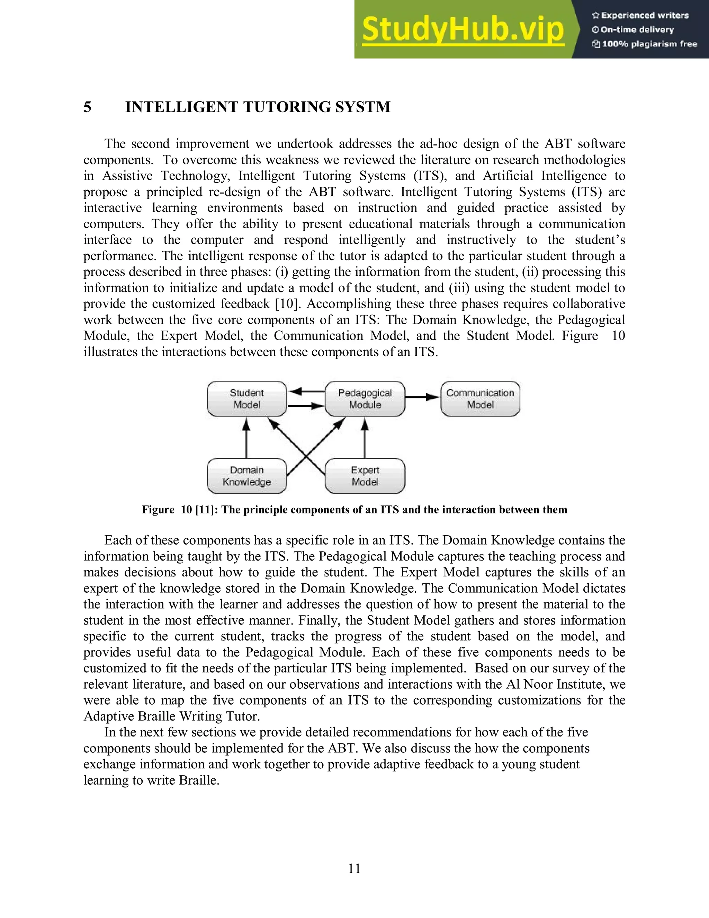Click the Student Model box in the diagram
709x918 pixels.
point(246,398)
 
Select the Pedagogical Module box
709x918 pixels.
point(365,398)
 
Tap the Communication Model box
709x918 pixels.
point(480,398)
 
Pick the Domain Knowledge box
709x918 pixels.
point(246,476)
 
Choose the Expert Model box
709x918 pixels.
point(365,476)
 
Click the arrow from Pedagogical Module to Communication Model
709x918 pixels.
point(422,397)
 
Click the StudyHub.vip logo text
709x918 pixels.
point(463,29)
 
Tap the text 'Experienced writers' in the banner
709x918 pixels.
point(645,16)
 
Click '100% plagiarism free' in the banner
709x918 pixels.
point(649,44)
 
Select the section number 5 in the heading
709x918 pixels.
point(87,107)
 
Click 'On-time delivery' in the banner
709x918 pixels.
point(637,30)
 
